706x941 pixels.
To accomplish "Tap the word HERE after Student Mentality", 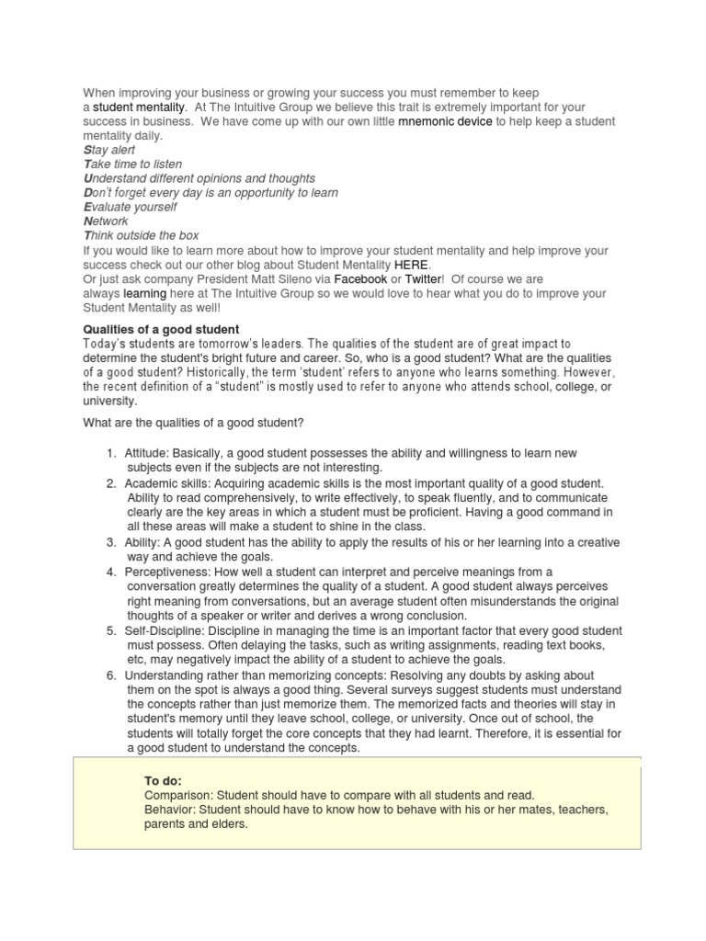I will [x=411, y=265].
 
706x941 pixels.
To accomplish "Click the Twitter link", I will [x=423, y=279].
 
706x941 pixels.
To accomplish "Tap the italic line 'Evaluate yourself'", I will [x=131, y=208].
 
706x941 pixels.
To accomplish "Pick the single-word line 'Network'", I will [x=106, y=221].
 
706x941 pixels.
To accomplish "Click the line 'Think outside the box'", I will [x=141, y=236].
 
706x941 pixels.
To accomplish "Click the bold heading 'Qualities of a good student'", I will [x=161, y=330].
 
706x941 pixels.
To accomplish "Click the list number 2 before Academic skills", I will [x=109, y=483].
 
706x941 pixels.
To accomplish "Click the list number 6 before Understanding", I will [x=109, y=675].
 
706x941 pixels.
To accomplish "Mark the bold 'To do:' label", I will [x=163, y=780].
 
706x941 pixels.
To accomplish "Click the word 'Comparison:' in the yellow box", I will [x=176, y=796].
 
